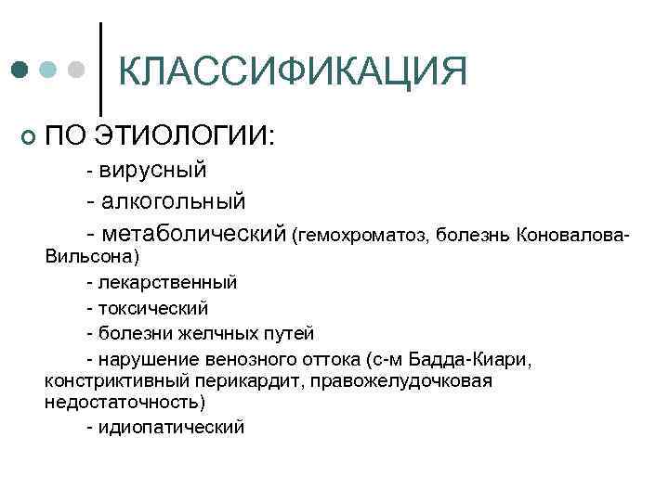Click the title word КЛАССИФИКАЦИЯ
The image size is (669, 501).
(x=294, y=71)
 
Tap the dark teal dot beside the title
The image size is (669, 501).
(x=20, y=71)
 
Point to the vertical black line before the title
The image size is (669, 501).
(x=100, y=62)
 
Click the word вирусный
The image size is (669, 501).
(x=152, y=170)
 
